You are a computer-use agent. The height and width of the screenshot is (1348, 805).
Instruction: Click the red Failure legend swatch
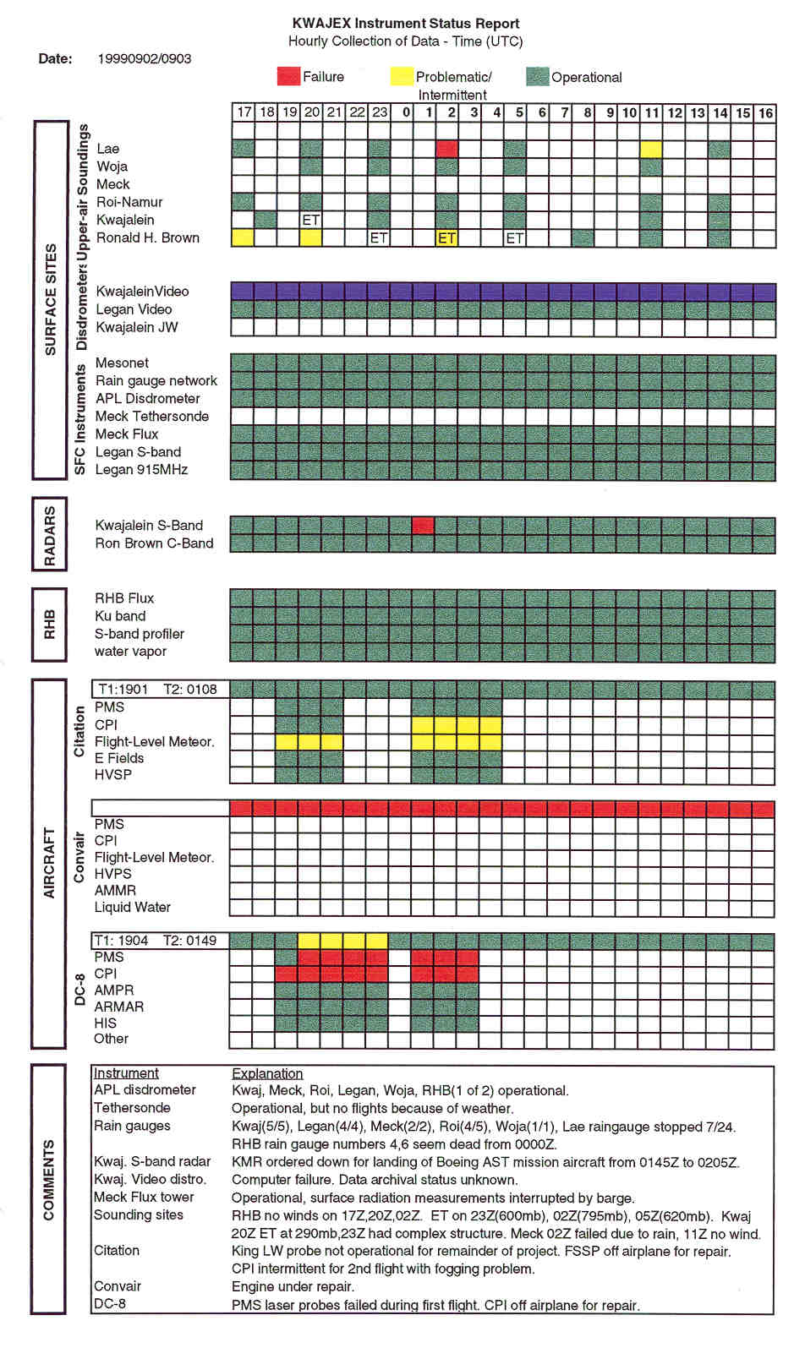pos(288,76)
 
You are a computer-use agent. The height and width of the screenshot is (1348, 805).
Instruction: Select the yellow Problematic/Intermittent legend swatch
pos(402,76)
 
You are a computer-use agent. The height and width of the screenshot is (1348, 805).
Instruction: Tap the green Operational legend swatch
pos(537,77)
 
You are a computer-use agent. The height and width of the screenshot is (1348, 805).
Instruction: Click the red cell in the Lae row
pos(447,149)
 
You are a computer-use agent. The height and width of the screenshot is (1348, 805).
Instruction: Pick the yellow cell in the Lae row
pos(651,149)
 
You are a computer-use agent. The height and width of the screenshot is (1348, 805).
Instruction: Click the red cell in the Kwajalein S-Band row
pos(423,526)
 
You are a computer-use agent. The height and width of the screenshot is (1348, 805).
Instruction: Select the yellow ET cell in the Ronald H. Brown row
pos(447,238)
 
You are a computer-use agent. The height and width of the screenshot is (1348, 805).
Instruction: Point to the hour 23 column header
pos(380,112)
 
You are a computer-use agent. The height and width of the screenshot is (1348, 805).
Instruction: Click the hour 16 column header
pos(765,112)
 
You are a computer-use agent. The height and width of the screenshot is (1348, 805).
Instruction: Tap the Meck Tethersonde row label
pos(151,416)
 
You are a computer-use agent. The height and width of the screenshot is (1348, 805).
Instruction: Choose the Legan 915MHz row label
pos(141,469)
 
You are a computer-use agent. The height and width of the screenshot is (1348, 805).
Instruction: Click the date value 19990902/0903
pos(145,58)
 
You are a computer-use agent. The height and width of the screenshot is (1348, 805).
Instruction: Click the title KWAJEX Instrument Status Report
pos(406,24)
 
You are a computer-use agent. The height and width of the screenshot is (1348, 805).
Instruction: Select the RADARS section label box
pos(50,535)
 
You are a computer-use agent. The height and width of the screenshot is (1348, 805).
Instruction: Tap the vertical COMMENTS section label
pos(48,1180)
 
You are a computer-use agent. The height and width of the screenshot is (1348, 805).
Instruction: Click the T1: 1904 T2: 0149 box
pos(160,940)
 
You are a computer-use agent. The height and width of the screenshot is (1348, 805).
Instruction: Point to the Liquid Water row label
pos(132,907)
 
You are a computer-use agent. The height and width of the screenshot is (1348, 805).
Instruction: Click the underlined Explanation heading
pos(267,1073)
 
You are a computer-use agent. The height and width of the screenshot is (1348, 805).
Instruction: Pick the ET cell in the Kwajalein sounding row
pos(311,220)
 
